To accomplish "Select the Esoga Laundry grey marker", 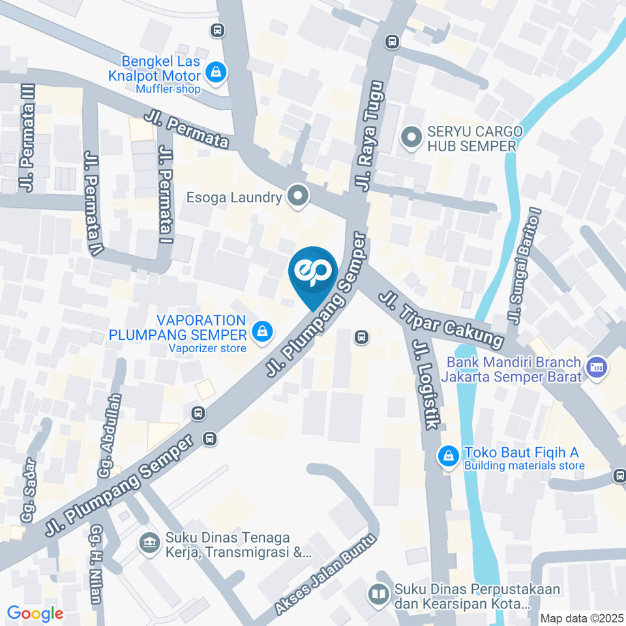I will coord(298,196).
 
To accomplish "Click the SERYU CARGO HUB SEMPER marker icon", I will coord(411,138).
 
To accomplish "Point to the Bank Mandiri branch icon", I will coord(595,366).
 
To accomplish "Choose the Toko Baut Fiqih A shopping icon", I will coord(449,457).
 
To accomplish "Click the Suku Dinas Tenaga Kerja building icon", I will coord(150,542).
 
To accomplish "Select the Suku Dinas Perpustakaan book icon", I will coord(378,594).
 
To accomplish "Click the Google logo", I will coord(35,613).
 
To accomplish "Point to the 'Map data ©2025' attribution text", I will coord(581,618).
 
